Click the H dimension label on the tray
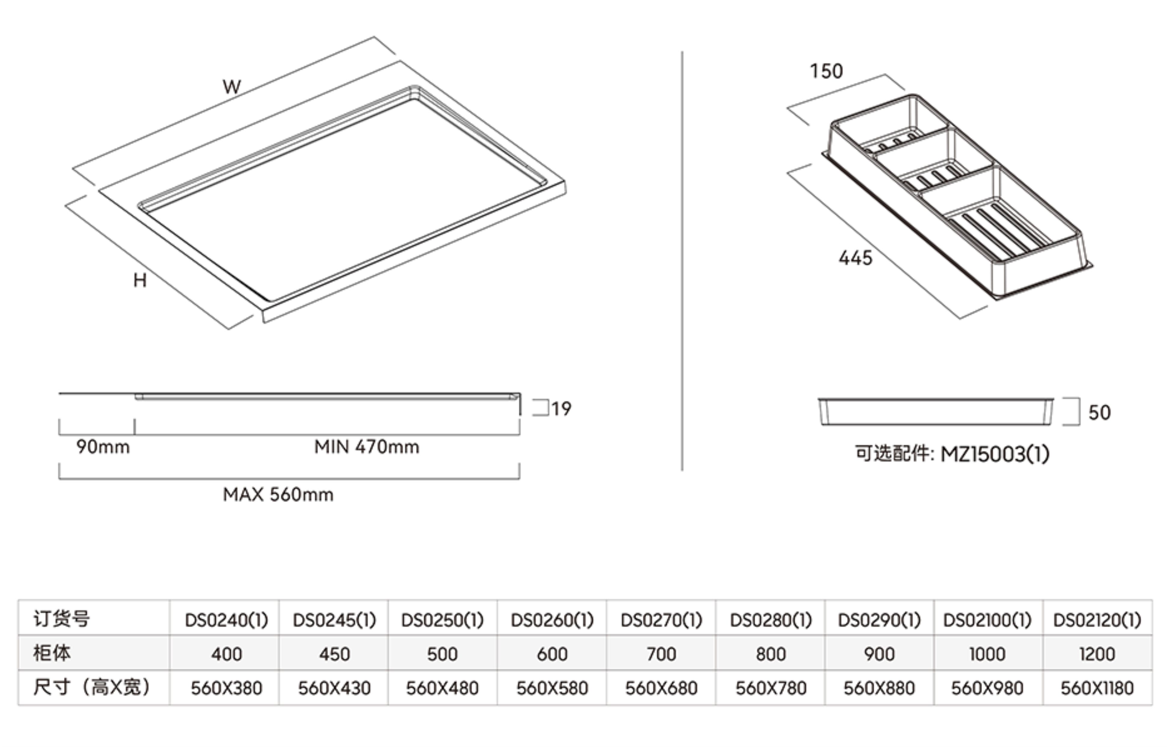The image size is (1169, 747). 140,280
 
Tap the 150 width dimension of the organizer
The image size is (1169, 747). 826,71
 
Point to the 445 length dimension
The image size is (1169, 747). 855,258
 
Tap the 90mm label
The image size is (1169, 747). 103,447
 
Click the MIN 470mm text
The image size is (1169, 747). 367,447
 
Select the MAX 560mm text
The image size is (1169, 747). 278,495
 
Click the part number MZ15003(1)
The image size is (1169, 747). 995,454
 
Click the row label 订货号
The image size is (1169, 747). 62,619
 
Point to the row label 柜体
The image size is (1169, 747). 52,653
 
